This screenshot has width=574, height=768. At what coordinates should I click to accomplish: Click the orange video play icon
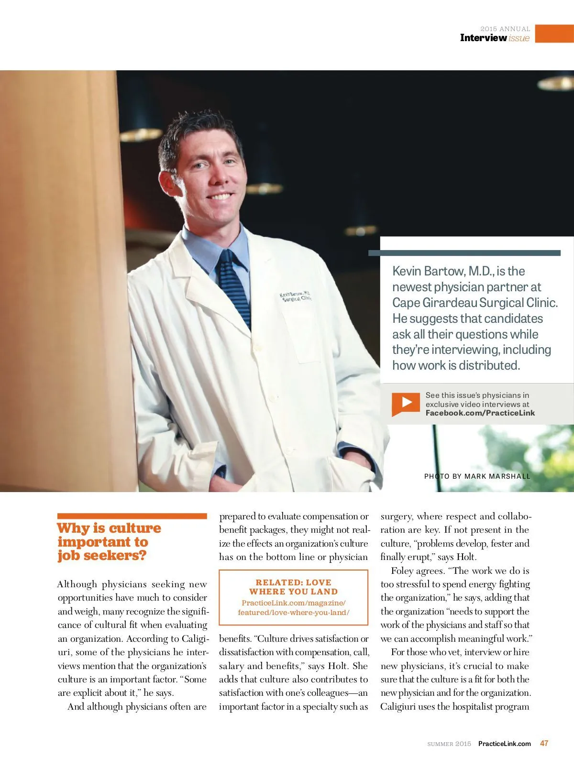[406, 403]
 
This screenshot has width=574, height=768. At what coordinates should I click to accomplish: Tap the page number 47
[544, 743]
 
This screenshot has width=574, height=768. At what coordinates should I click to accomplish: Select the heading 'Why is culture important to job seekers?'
[109, 542]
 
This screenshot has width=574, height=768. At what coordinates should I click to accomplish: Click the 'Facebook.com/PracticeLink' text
[480, 413]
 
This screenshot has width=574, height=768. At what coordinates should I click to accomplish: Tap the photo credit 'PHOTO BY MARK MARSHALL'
[477, 476]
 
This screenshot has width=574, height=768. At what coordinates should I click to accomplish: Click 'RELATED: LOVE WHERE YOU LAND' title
[293, 587]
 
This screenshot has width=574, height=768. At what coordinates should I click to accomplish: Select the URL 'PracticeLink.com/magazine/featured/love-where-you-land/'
[293, 608]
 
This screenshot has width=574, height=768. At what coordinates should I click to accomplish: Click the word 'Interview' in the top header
[483, 38]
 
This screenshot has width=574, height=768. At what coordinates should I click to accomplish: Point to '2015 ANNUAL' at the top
[505, 29]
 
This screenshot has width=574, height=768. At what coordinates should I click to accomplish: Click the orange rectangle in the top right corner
[554, 33]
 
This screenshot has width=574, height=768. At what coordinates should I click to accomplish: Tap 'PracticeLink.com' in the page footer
[504, 744]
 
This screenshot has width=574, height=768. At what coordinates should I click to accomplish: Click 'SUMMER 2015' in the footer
[449, 744]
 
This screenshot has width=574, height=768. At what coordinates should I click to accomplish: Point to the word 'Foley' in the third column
[403, 571]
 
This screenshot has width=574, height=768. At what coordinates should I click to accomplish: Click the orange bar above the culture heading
[132, 516]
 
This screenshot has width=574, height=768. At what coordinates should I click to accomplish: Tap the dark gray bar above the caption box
[464, 253]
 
